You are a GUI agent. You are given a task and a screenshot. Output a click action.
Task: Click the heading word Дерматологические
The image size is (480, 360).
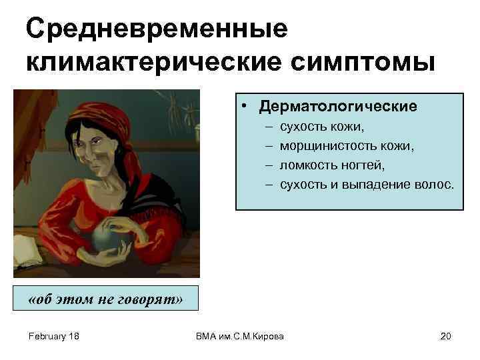[338, 107]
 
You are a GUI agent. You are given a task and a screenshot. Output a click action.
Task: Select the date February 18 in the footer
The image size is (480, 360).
[54, 336]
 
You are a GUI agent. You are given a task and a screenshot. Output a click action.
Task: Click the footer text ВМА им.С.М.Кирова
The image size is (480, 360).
[239, 336]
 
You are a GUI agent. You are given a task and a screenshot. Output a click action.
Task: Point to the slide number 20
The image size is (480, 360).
[446, 336]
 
